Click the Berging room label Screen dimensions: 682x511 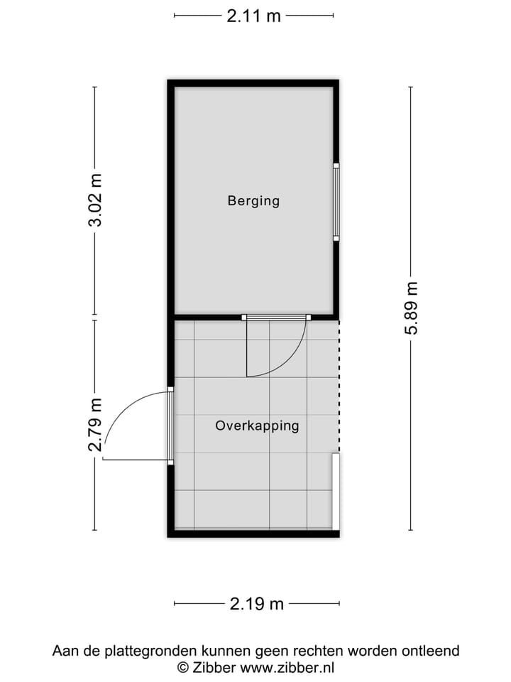253,201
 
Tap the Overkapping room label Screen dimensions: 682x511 257,426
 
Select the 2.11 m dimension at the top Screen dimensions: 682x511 253,16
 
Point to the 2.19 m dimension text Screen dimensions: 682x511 256,605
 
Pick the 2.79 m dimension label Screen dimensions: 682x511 95,425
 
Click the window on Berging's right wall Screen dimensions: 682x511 336,202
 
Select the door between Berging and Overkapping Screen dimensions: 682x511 275,318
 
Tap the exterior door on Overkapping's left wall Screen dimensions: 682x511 170,426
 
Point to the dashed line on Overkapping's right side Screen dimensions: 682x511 339,384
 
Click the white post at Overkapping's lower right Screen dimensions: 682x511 336,492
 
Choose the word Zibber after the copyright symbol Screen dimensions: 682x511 214,667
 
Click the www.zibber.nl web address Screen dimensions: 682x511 287,667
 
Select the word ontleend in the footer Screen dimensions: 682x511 431,651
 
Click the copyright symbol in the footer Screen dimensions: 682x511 182,667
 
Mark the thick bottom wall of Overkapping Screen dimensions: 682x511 253,534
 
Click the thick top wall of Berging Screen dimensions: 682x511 253,83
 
